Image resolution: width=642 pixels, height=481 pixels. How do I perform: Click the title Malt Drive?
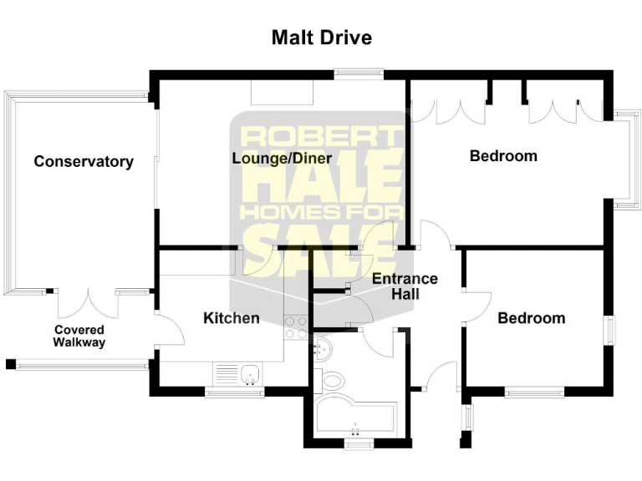tap(321, 38)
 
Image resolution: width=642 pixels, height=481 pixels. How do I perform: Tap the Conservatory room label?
tap(84, 162)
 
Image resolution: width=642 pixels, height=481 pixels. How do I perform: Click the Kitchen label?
tap(232, 318)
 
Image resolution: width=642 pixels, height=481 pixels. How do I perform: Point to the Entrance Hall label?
tap(405, 286)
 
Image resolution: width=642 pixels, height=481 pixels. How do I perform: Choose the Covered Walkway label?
tap(79, 336)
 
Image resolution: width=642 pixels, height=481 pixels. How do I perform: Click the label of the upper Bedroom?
tap(503, 156)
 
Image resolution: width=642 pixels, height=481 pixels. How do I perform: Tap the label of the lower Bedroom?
tap(531, 318)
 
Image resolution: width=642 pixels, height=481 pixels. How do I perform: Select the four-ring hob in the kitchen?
tap(296, 327)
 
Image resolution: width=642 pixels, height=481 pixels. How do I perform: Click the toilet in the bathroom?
tap(332, 381)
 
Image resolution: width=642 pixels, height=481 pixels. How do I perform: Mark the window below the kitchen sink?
tap(235, 391)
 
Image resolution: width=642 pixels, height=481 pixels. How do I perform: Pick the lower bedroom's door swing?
tap(477, 305)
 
